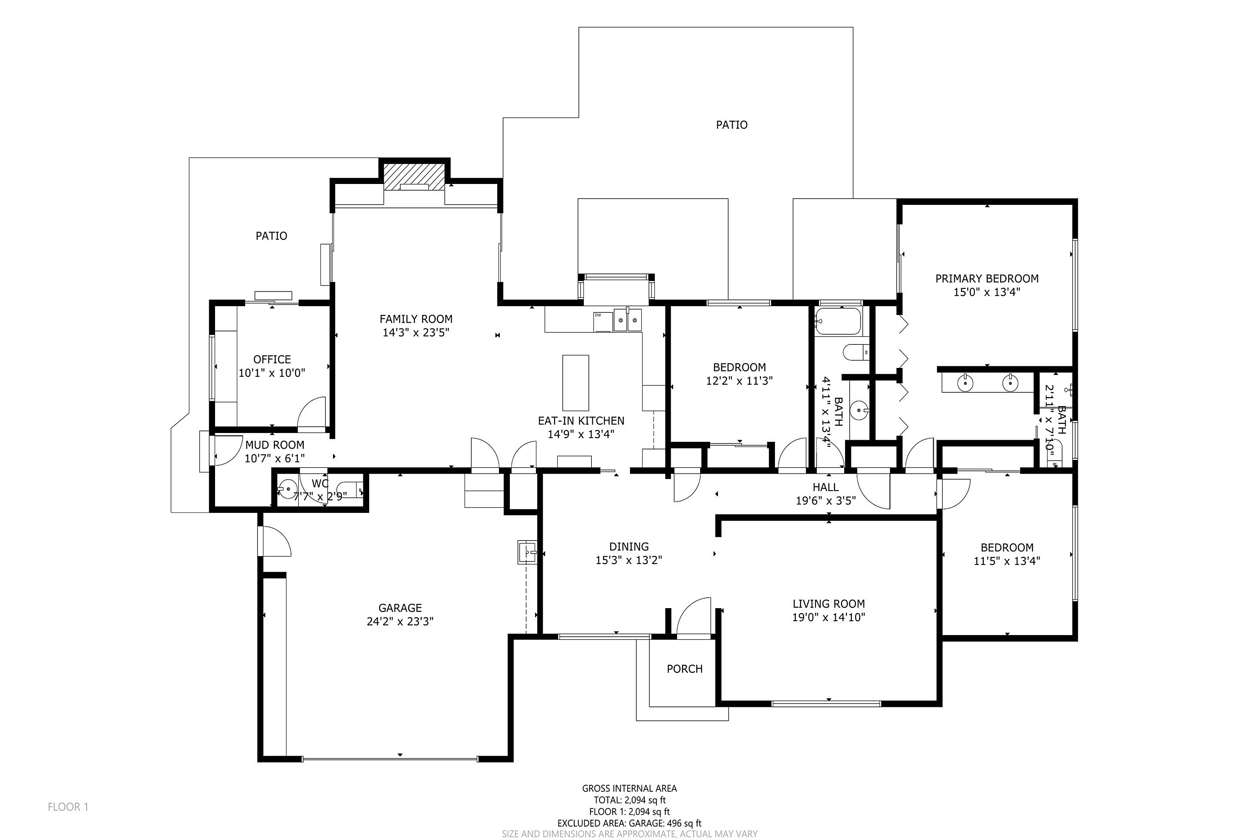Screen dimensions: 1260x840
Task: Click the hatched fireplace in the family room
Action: [414, 176]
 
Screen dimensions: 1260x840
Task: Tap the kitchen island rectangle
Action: [575, 383]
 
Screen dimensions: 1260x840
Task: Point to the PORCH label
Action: [684, 669]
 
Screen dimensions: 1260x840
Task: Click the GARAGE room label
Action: [400, 607]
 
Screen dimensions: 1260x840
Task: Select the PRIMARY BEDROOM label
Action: [987, 278]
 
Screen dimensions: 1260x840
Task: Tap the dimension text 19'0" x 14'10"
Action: [829, 617]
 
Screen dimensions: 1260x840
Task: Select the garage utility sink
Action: [528, 552]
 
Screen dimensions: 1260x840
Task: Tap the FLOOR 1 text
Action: [68, 807]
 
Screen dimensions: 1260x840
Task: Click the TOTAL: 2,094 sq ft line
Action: [630, 800]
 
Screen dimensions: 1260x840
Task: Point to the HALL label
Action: [826, 487]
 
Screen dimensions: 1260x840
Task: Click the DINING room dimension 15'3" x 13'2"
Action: [629, 560]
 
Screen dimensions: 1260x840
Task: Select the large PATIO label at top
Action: [732, 125]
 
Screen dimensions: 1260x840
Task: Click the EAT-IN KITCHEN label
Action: [581, 421]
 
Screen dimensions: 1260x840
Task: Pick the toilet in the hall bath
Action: [856, 352]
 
